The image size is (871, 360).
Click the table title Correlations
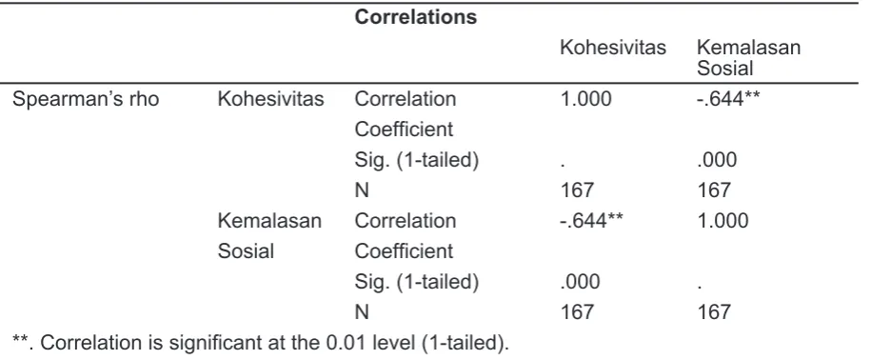pos(415,17)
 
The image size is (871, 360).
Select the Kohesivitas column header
pos(613,48)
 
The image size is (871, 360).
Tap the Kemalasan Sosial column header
pos(748,58)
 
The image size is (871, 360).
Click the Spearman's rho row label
pos(86,99)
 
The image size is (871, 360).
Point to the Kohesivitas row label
pos(270,99)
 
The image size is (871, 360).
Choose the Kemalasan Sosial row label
pos(269,236)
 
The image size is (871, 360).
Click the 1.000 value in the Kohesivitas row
pos(585,99)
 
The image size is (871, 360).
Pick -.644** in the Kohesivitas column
pos(591,221)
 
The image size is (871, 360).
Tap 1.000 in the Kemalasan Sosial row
pos(723,221)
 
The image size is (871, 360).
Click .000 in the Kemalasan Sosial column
pos(717,160)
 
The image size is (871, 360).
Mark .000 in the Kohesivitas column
pos(580,282)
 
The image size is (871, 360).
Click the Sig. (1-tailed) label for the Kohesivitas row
pos(417,160)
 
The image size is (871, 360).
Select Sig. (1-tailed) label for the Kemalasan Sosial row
pos(417,282)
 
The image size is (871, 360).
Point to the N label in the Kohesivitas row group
pos(362,190)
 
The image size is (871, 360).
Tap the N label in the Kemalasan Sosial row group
pos(362,312)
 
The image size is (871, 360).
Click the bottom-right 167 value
pos(714,312)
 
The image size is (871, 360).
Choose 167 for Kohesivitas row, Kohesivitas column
pos(577,190)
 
